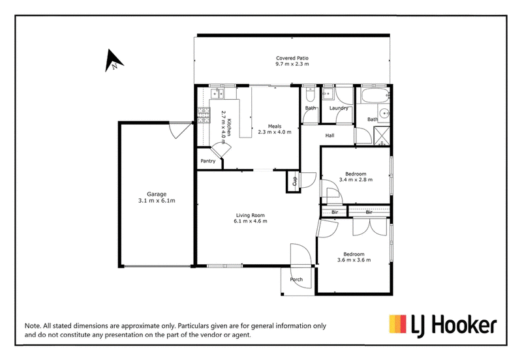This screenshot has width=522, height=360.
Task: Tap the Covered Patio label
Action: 292,58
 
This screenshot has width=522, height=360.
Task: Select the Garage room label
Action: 157,194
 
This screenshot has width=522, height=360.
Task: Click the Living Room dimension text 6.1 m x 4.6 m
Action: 251,221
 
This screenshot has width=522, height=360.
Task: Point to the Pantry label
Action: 207,161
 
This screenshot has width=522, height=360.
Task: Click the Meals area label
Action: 275,126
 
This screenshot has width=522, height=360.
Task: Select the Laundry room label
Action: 339,108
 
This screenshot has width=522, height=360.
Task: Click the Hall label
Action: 330,136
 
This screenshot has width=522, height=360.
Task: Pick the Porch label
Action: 296,280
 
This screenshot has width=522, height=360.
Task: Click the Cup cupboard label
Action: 294,181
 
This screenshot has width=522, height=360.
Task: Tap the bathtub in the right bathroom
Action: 375,96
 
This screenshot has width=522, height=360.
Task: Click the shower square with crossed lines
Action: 382,136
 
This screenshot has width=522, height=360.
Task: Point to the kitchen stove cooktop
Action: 204,115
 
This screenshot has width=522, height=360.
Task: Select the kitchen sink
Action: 217,93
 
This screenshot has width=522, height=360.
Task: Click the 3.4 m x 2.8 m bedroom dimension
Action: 356,179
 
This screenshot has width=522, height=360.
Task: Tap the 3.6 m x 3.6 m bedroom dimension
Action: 354,260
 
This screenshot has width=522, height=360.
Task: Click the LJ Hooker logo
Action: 443,325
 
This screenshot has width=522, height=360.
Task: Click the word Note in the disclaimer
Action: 33,326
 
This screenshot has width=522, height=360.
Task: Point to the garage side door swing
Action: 179,130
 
